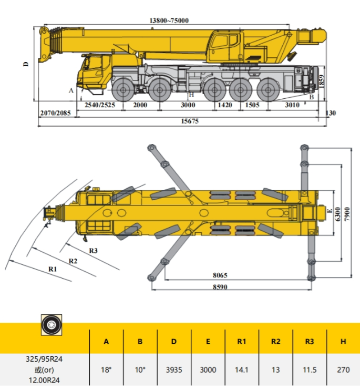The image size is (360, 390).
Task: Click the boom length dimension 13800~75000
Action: pos(169,20)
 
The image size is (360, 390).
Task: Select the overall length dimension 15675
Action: pos(190,121)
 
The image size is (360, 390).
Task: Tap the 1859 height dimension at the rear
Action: pos(321,81)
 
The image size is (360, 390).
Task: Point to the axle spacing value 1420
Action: pos(225,105)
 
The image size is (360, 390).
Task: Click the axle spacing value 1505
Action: pos(252,105)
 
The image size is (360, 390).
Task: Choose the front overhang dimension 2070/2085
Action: pos(56,113)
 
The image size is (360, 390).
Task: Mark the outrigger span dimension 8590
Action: pos(220,287)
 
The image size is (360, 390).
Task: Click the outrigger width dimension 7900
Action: pos(347,214)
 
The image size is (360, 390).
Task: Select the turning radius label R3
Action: pos(94,251)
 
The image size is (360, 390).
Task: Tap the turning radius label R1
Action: pos(53,269)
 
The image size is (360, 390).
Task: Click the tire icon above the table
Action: pos(52,325)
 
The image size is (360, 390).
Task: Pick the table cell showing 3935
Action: pos(174,370)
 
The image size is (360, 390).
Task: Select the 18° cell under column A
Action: pos(106,370)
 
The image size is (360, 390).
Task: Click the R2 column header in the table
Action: pos(275,342)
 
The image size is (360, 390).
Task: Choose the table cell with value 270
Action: pos(343,370)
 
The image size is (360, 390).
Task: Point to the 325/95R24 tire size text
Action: pos(44,359)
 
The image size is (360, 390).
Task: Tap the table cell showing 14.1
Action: pos(242,370)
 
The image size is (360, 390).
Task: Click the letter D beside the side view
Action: pos(26,64)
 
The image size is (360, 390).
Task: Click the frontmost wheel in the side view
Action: pos(123,90)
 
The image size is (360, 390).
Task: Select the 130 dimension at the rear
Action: pos(331,113)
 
